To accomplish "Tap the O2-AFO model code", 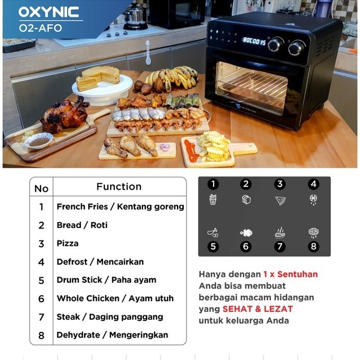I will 40,28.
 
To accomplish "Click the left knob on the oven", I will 276,45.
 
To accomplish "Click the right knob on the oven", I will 297,48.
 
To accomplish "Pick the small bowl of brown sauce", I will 38,140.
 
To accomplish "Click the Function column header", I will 119,186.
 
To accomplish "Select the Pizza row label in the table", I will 68,243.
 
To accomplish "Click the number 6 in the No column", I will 42,299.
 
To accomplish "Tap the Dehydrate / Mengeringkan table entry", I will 112,335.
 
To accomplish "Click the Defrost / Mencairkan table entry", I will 100,262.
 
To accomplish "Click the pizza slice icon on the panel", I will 280,200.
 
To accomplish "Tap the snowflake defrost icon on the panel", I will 313,199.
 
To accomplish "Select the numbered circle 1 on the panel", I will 213,184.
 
